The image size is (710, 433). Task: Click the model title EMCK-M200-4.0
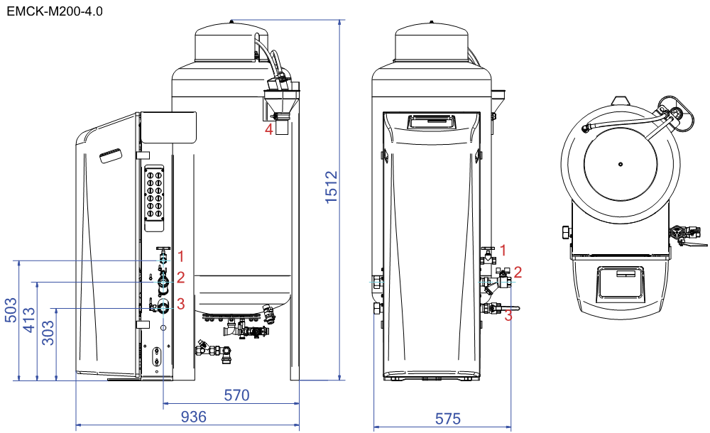(55, 11)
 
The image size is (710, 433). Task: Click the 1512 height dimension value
(332, 187)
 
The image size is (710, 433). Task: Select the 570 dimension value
(237, 395)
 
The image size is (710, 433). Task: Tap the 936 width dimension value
(194, 417)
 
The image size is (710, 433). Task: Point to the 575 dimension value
(448, 419)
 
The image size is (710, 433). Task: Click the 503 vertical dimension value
(11, 309)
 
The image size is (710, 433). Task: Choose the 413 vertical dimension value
(29, 319)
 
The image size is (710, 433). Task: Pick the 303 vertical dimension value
(48, 332)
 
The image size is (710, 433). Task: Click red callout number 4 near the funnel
(269, 129)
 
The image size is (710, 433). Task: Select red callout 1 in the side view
(180, 257)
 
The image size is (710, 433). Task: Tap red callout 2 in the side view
(180, 278)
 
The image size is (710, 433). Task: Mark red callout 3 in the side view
(180, 304)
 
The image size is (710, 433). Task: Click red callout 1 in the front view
(503, 250)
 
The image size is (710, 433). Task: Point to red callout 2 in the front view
(518, 272)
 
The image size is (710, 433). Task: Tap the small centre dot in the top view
(621, 164)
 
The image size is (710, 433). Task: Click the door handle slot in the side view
(111, 155)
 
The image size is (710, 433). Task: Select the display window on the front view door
(431, 122)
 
